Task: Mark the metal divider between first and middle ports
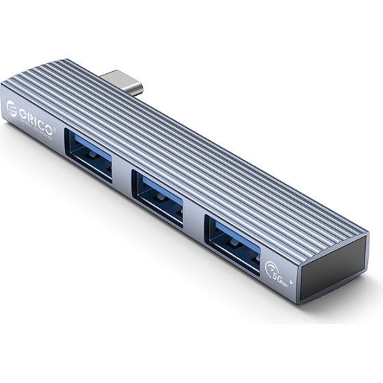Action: coord(123,180)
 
